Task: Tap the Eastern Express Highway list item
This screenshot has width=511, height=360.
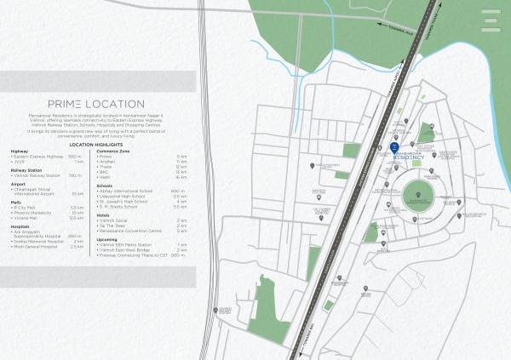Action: pyautogui.click(x=37, y=157)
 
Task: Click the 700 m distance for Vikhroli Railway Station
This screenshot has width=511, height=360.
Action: pyautogui.click(x=76, y=175)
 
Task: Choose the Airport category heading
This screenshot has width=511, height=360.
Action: pyautogui.click(x=18, y=183)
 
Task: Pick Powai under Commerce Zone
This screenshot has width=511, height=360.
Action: pyautogui.click(x=106, y=157)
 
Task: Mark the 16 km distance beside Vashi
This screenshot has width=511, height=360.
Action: pyautogui.click(x=181, y=176)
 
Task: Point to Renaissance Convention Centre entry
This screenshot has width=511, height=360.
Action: pyautogui.click(x=131, y=231)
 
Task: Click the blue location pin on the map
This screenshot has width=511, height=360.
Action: pyautogui.click(x=393, y=147)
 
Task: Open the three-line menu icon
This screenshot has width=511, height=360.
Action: pyautogui.click(x=491, y=20)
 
